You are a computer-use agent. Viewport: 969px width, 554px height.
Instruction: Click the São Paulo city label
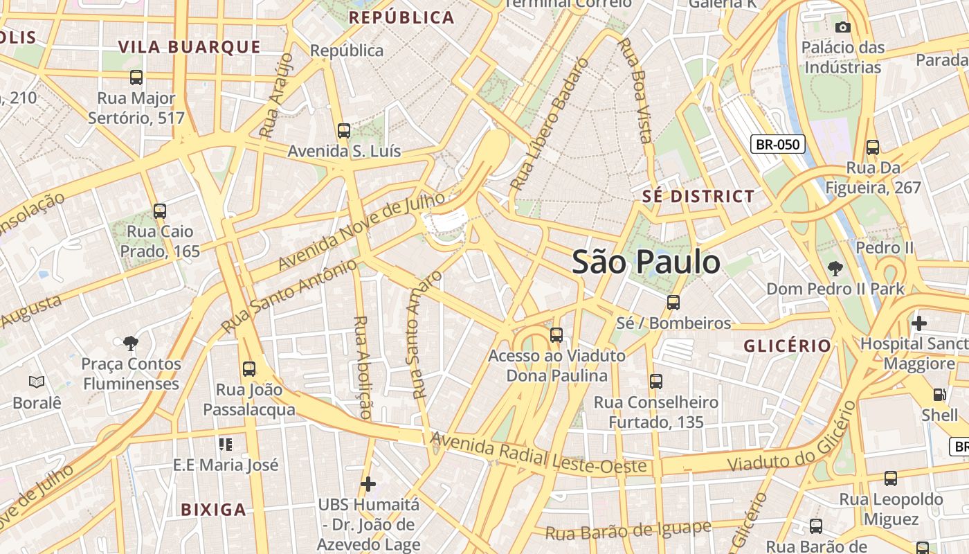646,262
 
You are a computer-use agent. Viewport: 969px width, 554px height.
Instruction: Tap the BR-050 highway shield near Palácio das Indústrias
778,145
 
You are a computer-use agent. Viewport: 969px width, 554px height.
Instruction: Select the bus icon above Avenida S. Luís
343,130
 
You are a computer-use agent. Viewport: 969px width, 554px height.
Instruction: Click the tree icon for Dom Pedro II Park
835,268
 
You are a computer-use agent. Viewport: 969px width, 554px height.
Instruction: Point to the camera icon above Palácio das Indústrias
842,27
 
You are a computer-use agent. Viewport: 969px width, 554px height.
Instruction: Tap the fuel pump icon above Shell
939,395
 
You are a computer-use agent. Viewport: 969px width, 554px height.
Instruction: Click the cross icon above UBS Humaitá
368,483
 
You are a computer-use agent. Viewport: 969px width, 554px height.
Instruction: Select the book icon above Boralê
37,382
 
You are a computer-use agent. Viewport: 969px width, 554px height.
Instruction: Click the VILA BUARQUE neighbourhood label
189,47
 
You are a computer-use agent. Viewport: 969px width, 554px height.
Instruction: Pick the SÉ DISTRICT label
698,196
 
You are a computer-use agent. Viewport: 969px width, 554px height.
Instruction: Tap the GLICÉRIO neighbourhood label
787,346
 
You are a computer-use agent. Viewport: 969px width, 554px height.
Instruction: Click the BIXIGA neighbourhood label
213,510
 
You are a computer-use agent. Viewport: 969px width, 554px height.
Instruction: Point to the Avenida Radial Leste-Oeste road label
539,454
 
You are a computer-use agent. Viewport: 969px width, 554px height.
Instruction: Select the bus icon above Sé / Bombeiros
673,303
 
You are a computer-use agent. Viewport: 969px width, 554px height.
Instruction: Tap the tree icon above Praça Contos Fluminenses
130,343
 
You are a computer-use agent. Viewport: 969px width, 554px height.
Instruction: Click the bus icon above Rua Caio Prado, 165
160,211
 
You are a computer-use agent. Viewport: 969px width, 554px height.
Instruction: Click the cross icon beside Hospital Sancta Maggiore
918,323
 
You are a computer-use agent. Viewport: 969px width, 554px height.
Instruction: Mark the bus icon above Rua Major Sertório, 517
136,78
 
